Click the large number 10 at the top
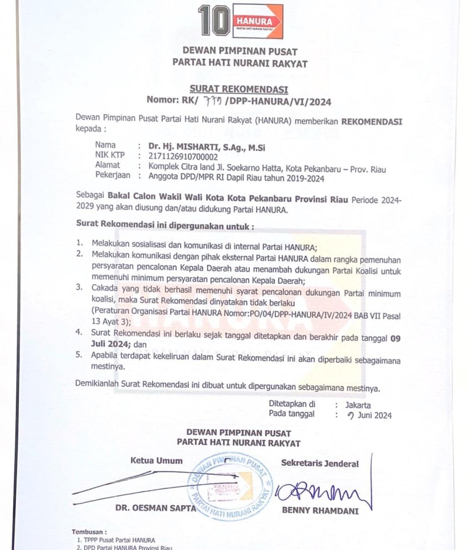[214, 20]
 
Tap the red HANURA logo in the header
[258, 21]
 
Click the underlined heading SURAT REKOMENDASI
[239, 89]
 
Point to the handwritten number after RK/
[214, 101]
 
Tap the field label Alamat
[108, 165]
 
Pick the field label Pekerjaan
[113, 175]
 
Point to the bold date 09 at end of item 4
[395, 338]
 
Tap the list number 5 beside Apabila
[79, 355]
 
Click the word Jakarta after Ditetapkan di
[358, 405]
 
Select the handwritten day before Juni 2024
[351, 416]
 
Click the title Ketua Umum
[156, 461]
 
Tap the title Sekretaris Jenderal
[319, 463]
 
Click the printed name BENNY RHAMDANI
[320, 511]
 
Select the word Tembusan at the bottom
[89, 532]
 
